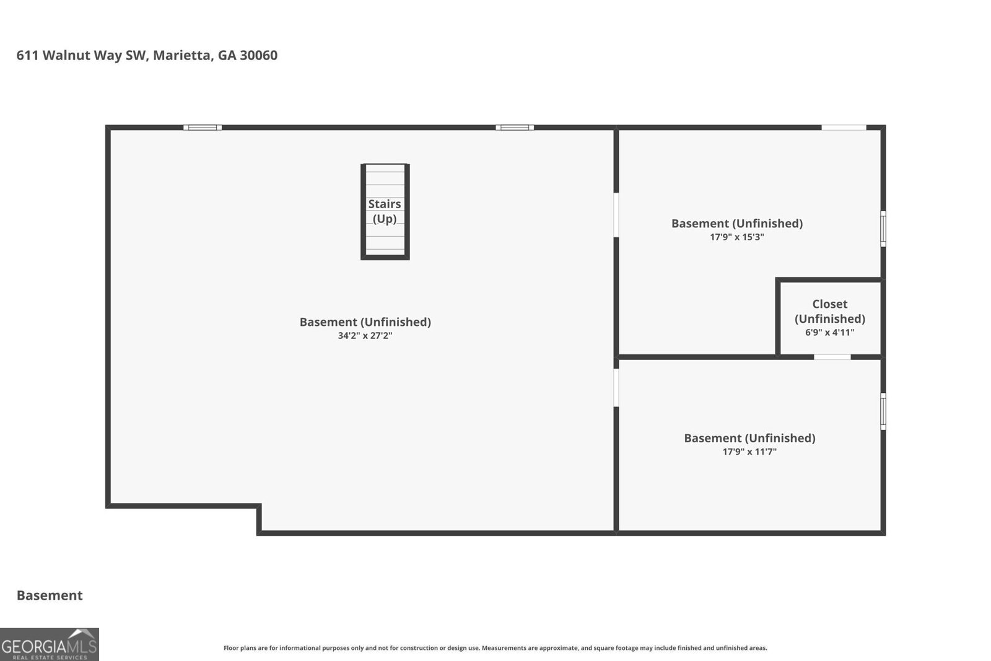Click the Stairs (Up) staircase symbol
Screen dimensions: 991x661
[x=385, y=211]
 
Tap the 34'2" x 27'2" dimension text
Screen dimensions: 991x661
[x=365, y=335]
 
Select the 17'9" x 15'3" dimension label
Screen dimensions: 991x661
[x=737, y=237]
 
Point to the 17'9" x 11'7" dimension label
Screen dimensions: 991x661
[x=749, y=451]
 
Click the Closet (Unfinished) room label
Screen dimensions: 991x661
[x=829, y=311]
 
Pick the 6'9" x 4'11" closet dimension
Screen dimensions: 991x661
[x=829, y=332]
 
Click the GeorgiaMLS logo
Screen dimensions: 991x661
[x=50, y=644]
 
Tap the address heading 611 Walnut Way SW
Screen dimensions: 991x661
[x=82, y=55]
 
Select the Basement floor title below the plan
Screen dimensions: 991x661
[x=50, y=595]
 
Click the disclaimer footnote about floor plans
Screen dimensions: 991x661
[x=495, y=648]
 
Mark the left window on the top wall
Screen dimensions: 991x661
[x=203, y=128]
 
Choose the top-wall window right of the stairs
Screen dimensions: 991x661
[x=515, y=128]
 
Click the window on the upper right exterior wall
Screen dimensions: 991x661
[x=883, y=229]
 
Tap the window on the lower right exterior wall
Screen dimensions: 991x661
[x=883, y=411]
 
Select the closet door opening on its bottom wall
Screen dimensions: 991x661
[x=832, y=357]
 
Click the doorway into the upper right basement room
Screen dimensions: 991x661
[x=616, y=215]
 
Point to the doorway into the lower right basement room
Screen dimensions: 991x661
[x=616, y=388]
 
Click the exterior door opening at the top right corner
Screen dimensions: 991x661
[x=844, y=128]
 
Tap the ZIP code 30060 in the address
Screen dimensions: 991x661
[x=259, y=55]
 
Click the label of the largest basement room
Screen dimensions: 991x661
[x=365, y=322]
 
